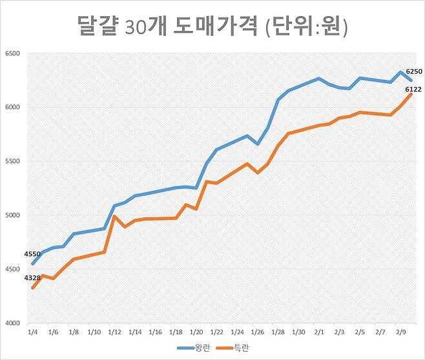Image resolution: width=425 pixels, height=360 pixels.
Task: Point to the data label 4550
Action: point(32,254)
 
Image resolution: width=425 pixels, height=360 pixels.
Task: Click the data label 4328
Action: point(32,278)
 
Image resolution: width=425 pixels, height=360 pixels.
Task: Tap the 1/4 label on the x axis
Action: point(32,332)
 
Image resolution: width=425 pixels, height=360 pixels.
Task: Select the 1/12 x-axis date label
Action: point(114,332)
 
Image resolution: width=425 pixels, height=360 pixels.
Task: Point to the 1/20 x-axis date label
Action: point(196,332)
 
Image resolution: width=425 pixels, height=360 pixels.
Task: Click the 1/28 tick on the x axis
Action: point(278,332)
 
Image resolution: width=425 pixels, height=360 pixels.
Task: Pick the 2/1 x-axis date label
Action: point(319,332)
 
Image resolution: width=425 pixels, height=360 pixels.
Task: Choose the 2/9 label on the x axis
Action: point(401,332)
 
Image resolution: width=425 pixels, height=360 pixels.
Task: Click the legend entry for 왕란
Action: point(194,348)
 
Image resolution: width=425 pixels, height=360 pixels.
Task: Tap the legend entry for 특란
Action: point(238,348)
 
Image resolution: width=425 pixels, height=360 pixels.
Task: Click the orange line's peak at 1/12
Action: point(114,216)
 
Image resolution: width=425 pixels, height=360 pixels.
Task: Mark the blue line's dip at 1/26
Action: point(258,144)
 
